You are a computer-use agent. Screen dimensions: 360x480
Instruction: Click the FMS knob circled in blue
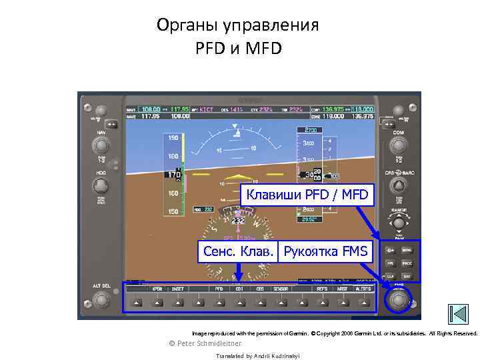coord(399,299)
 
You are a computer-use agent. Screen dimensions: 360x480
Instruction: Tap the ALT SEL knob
coord(101,299)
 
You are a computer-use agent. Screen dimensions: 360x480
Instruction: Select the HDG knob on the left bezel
coord(101,185)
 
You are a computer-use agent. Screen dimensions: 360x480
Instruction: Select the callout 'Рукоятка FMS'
coord(325,251)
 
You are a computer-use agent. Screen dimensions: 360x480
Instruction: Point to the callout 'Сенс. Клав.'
coord(237,251)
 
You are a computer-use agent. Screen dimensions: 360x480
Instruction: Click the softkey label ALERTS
coord(363,289)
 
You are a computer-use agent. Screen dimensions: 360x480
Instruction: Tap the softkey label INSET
coord(178,289)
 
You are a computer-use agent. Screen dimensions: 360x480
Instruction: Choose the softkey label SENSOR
coord(281,289)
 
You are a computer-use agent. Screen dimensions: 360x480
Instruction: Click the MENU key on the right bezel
coord(407,251)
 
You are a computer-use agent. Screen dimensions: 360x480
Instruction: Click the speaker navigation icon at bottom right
coord(459,314)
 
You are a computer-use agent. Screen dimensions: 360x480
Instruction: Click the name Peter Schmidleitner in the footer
coord(209,343)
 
